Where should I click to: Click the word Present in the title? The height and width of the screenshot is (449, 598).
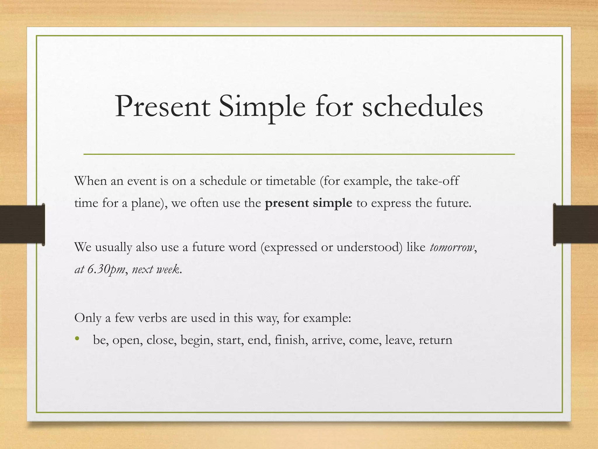pos(162,107)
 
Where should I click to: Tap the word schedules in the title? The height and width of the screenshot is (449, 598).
pos(423,107)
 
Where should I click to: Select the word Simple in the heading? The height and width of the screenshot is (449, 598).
pos(262,107)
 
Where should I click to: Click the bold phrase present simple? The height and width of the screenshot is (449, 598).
pos(308,203)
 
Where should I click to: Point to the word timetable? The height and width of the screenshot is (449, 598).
pos(291,181)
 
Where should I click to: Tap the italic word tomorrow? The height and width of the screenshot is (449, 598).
pos(452,247)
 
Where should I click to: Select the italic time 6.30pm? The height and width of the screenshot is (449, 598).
pos(106,269)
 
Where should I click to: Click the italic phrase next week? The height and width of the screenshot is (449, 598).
pos(156,269)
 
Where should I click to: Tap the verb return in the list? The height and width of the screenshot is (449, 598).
pos(435,340)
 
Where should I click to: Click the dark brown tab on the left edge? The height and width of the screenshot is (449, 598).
pos(22,224)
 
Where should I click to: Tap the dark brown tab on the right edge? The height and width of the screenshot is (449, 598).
pos(576,224)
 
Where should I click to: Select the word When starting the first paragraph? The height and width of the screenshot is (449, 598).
pos(91,181)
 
